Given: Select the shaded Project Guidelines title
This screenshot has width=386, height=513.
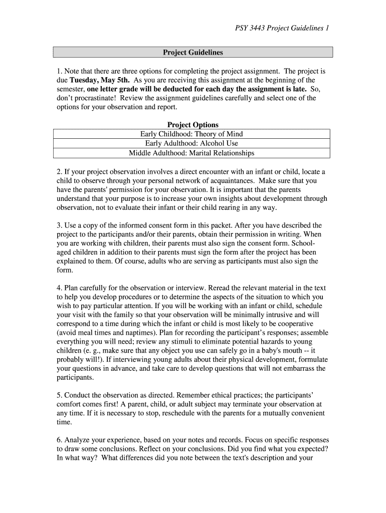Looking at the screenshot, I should pyautogui.click(x=192, y=53).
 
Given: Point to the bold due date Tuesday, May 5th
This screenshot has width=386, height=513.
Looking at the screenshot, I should pyautogui.click(x=100, y=80).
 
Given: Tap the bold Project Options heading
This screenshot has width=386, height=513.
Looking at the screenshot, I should pyautogui.click(x=192, y=125).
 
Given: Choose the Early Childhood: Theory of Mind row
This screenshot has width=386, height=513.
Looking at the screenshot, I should pyautogui.click(x=191, y=134).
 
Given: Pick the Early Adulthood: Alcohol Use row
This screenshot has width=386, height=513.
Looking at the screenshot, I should pyautogui.click(x=191, y=143).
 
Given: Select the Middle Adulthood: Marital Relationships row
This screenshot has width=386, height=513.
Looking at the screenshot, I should pyautogui.click(x=191, y=153).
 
